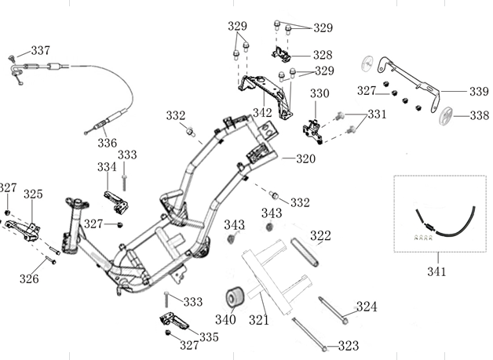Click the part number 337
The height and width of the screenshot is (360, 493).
tap(41, 51)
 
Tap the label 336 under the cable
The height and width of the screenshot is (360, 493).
tap(107, 143)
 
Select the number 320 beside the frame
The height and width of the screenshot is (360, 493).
tap(305, 158)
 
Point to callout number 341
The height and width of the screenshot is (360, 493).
tap(436, 271)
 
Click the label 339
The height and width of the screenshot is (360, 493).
tap(478, 92)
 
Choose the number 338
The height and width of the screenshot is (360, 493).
tap(479, 115)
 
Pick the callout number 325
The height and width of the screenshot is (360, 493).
tap(33, 194)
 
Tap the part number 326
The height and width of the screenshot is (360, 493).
tap(29, 278)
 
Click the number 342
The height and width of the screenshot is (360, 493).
tap(262, 113)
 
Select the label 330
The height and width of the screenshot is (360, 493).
tap(320, 94)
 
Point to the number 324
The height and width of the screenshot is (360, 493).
tap(367, 307)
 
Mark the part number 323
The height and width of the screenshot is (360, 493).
tap(349, 345)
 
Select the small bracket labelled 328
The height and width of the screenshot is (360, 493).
tap(281, 54)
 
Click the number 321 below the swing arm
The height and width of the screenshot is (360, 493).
tap(259, 319)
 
